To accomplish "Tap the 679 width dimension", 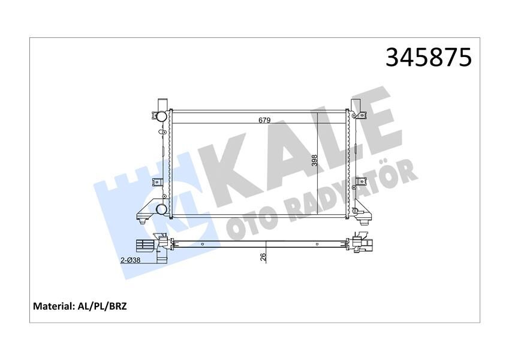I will point(264,120).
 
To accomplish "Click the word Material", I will point(52,306).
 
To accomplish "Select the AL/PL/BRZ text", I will point(103,306).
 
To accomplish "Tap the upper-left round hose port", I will point(159,116).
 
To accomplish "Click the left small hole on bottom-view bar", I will point(205,244).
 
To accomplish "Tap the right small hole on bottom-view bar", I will point(317,244).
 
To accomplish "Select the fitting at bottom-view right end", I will point(362,243).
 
